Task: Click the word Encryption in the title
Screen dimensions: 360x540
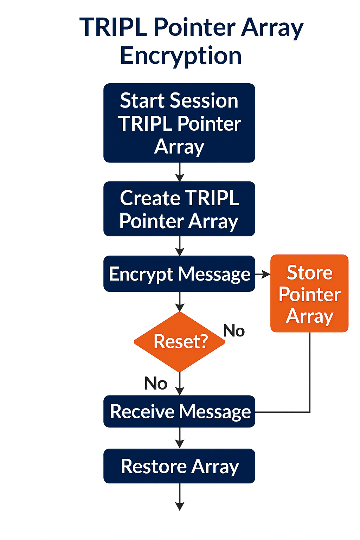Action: pyautogui.click(x=181, y=56)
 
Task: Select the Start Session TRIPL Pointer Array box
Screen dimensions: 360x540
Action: pyautogui.click(x=179, y=123)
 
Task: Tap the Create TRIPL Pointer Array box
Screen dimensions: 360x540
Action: pyautogui.click(x=179, y=209)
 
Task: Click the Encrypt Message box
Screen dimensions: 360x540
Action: pyautogui.click(x=179, y=274)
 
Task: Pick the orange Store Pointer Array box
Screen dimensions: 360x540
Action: pyautogui.click(x=309, y=294)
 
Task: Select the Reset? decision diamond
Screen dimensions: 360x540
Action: pyautogui.click(x=180, y=342)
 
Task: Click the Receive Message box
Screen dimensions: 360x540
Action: pyautogui.click(x=179, y=411)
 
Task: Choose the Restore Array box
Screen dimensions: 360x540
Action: pyautogui.click(x=179, y=466)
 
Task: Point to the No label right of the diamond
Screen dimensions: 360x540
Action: pyautogui.click(x=234, y=330)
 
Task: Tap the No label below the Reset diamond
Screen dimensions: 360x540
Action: pyautogui.click(x=156, y=383)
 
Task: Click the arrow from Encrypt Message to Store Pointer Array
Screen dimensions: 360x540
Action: pyautogui.click(x=263, y=274)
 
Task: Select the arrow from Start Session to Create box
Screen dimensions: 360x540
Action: pyautogui.click(x=180, y=172)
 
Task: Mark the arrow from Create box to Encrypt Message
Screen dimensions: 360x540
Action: pyautogui.click(x=180, y=246)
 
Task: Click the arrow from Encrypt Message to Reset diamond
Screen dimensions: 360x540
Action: pyautogui.click(x=180, y=302)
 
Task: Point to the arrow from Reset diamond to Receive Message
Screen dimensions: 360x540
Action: pyautogui.click(x=180, y=384)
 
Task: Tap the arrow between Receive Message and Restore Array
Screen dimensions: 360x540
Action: pyautogui.click(x=180, y=438)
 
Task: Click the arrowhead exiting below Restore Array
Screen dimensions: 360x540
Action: pyautogui.click(x=180, y=506)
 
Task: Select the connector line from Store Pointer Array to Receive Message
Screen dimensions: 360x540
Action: pyautogui.click(x=310, y=386)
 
